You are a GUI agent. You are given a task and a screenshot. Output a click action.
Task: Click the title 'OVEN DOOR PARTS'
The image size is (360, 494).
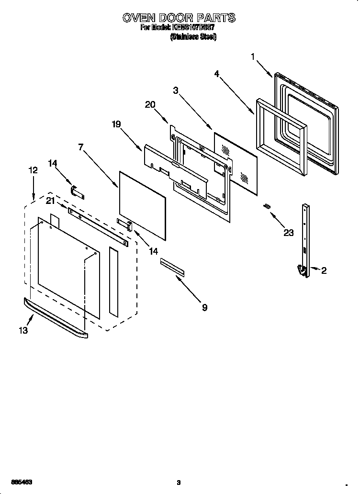[x=179, y=18]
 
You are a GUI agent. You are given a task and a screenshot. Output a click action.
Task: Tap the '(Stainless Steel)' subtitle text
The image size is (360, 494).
[x=193, y=37]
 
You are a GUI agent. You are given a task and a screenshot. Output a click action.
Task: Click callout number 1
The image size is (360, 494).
[x=253, y=57]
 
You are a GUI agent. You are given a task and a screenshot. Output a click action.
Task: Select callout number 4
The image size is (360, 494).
[x=217, y=74]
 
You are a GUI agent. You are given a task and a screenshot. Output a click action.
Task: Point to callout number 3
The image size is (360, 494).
[x=176, y=90]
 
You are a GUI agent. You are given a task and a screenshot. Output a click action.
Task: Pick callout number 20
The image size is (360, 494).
[x=150, y=105]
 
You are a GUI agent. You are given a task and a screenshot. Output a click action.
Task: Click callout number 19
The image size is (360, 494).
[x=116, y=124]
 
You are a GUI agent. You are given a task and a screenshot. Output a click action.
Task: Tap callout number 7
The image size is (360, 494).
[x=82, y=146]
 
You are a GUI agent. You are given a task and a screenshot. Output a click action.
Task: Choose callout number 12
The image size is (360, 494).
[x=33, y=170]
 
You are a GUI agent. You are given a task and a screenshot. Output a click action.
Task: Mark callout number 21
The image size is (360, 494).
[x=50, y=201]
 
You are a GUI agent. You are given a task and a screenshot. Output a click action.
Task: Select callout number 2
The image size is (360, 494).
[x=324, y=271]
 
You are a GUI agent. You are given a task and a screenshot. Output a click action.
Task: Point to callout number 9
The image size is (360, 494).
[x=204, y=308]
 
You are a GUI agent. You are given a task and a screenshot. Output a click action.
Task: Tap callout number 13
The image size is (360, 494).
[x=23, y=330]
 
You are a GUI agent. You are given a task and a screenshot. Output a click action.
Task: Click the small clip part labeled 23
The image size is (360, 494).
[x=267, y=206]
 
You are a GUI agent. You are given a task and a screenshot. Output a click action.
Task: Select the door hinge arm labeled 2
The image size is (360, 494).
[x=304, y=239]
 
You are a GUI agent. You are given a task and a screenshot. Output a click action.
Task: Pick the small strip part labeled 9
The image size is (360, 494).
[x=172, y=267]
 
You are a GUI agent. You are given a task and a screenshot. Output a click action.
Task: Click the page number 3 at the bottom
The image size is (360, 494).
[x=178, y=483]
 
